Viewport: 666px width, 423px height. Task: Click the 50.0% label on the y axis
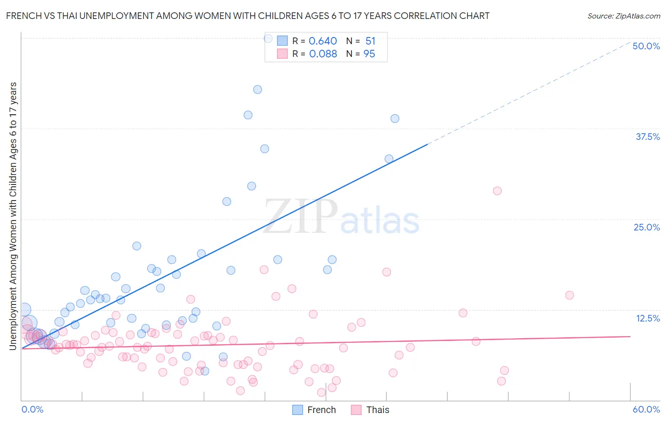click(646, 46)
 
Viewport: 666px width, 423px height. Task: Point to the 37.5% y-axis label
click(648, 137)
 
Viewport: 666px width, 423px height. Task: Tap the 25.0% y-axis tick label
click(647, 227)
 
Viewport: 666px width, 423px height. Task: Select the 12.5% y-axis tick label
click(648, 318)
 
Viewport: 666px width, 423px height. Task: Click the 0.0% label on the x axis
click(32, 409)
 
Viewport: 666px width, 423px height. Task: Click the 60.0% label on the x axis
click(646, 409)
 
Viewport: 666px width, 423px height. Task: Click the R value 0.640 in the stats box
click(323, 41)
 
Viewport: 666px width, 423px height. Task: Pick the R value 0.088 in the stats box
click(323, 54)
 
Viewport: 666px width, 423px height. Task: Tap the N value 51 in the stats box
click(370, 41)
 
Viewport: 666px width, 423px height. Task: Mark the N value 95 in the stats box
click(369, 54)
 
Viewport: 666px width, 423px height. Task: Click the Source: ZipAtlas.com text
click(624, 16)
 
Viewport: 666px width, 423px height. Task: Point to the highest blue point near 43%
click(257, 90)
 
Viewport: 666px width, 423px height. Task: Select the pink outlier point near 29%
click(497, 191)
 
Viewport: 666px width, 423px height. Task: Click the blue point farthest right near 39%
click(395, 119)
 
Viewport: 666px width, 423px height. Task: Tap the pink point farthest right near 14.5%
click(569, 295)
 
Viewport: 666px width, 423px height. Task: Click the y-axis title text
click(13, 216)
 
